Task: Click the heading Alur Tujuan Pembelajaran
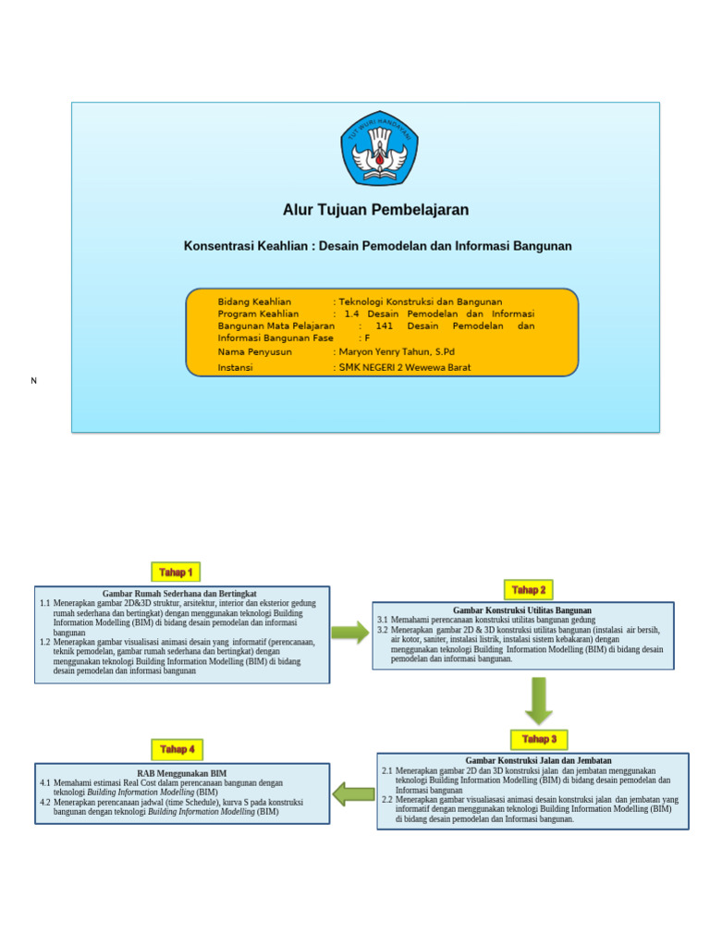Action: tap(375, 210)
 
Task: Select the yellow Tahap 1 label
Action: tap(176, 572)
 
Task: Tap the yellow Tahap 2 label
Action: tap(529, 589)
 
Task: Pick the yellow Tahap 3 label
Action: tap(539, 739)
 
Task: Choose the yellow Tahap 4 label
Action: tap(177, 749)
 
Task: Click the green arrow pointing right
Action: tap(349, 633)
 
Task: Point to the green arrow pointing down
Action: tap(538, 700)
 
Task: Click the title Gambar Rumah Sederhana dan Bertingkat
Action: tap(179, 594)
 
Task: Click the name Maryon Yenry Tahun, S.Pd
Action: tap(397, 351)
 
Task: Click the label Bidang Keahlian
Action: tap(254, 301)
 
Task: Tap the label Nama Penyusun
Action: tap(254, 351)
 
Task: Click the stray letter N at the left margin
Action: tap(34, 381)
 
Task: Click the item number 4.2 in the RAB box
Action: tap(45, 803)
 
